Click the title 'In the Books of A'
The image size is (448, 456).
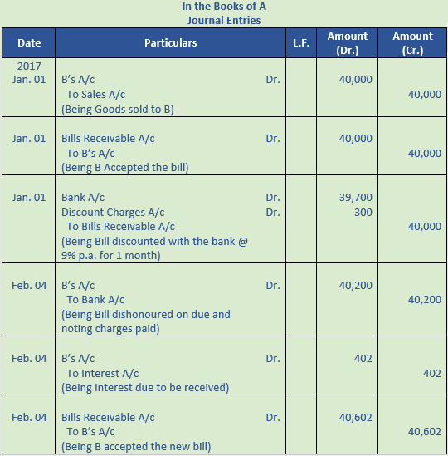point(224,7)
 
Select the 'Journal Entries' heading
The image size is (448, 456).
point(224,20)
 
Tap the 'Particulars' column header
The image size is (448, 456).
point(171,42)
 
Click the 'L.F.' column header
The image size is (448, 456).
point(301,42)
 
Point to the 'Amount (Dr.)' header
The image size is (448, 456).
point(348,42)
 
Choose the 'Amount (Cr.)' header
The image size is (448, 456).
point(412,42)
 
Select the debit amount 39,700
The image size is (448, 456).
point(356,198)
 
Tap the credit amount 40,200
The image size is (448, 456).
point(425,300)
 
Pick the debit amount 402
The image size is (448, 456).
point(362,359)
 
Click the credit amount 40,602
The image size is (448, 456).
point(425,432)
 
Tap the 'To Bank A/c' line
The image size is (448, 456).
point(95,300)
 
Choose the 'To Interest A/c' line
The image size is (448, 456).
point(103,373)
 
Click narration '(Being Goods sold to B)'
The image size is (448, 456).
point(118,109)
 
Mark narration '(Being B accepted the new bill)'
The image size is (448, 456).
point(136,447)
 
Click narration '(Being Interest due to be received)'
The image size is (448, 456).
point(145,388)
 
